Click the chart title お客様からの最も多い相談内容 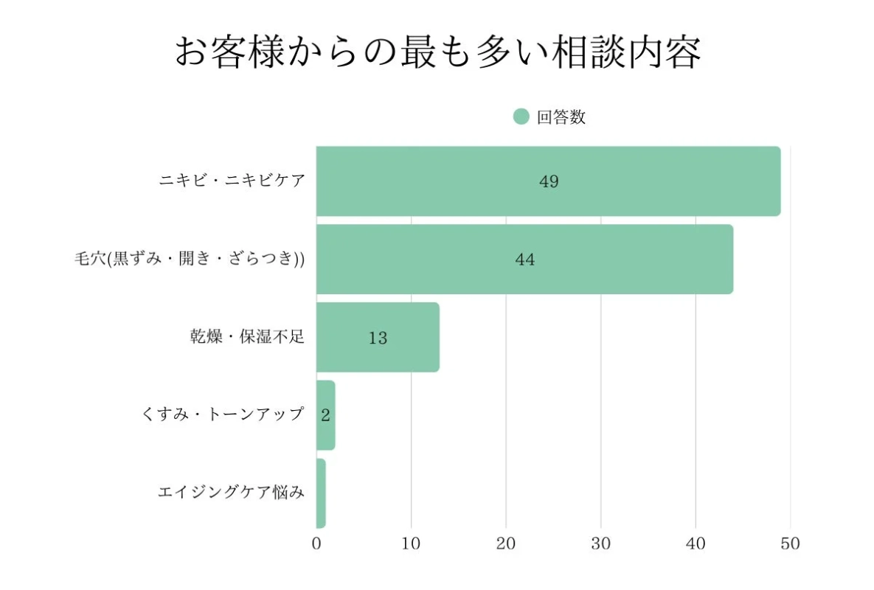click(437, 53)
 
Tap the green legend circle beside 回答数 click(521, 117)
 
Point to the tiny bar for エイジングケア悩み click(321, 493)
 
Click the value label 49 click(549, 181)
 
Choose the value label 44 click(525, 260)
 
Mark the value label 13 click(378, 338)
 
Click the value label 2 click(325, 415)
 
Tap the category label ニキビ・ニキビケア click(232, 181)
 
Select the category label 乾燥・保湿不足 click(246, 337)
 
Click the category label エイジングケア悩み click(231, 493)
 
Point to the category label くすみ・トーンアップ click(222, 414)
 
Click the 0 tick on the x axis click(316, 544)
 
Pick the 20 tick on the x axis click(506, 544)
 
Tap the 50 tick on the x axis click(790, 544)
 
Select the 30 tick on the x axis click(600, 544)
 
